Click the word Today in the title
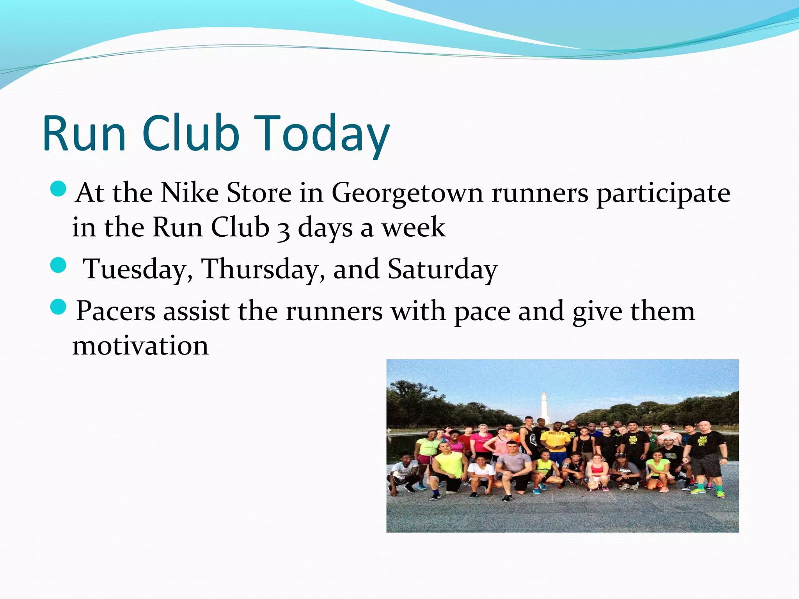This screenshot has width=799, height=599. point(324,134)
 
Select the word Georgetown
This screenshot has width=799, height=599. point(407,194)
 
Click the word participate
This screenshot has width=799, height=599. point(663,194)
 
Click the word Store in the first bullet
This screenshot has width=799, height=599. point(259,193)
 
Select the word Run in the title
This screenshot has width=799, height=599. point(84,134)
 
